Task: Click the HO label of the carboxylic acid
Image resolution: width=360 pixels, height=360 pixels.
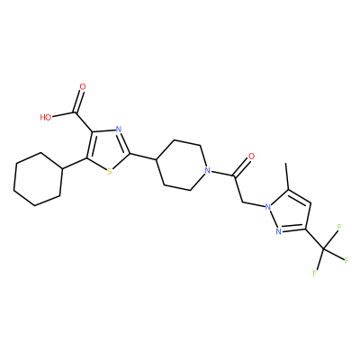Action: [46, 117]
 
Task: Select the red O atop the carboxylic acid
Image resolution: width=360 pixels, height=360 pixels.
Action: [83, 87]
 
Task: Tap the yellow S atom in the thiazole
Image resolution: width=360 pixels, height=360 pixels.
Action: [109, 172]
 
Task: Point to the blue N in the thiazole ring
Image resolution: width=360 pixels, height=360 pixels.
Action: [118, 130]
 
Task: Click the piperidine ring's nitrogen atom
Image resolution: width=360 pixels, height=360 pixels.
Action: [206, 171]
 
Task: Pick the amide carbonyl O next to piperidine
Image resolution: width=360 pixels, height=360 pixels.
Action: [251, 156]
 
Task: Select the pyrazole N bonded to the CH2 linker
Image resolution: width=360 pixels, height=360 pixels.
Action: [267, 206]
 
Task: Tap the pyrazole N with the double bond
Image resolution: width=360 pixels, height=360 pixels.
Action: [278, 231]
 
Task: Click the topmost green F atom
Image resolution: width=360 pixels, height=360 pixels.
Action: [339, 227]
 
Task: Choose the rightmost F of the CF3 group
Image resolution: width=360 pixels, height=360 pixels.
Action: [346, 260]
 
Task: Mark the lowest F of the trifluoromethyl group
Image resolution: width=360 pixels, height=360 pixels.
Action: [315, 274]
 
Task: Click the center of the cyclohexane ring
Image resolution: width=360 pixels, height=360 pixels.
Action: [38, 179]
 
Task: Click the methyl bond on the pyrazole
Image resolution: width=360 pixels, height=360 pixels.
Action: [287, 176]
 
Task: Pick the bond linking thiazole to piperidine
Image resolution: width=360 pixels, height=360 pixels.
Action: [143, 157]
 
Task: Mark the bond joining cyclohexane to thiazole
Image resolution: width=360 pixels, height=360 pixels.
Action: [75, 163]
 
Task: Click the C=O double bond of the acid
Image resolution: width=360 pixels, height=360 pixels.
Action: [78, 102]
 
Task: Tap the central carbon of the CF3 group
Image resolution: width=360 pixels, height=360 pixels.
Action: [324, 248]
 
